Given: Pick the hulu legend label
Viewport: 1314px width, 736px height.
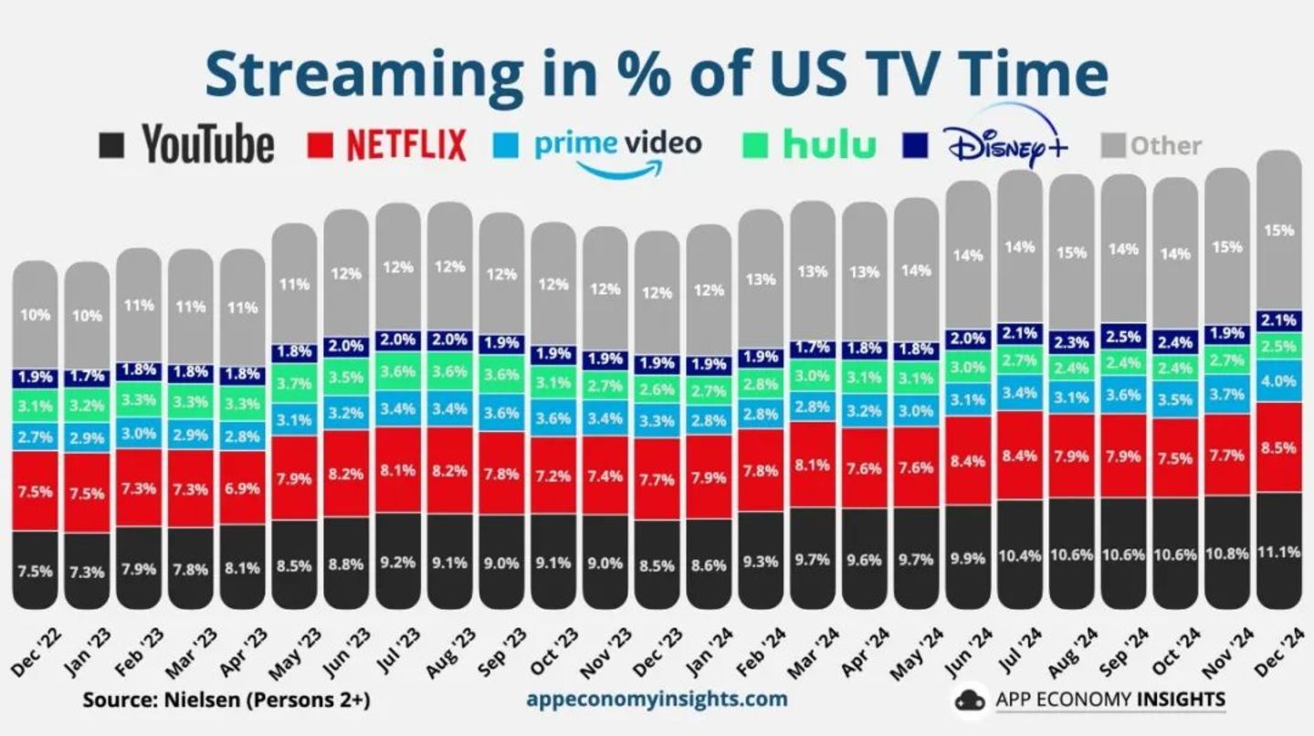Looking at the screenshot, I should click(829, 144).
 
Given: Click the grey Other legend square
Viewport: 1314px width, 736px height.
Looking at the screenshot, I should click(1113, 145).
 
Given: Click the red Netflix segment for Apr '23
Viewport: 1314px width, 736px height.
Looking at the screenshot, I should click(242, 489).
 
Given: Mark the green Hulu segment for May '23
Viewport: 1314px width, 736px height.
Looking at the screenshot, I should click(294, 384).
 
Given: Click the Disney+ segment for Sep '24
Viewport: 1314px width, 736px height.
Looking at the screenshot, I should click(1123, 336).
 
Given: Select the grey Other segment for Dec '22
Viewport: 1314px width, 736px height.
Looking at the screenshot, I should click(35, 315).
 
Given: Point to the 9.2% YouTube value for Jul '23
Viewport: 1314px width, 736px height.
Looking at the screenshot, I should click(398, 563).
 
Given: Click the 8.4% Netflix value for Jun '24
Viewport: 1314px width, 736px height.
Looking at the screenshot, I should click(968, 461).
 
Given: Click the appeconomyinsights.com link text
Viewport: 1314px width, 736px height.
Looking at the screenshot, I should click(657, 699).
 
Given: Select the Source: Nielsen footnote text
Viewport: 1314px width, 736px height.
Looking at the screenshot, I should click(226, 700).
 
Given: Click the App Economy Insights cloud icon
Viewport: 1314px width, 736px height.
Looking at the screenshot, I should click(972, 699).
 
